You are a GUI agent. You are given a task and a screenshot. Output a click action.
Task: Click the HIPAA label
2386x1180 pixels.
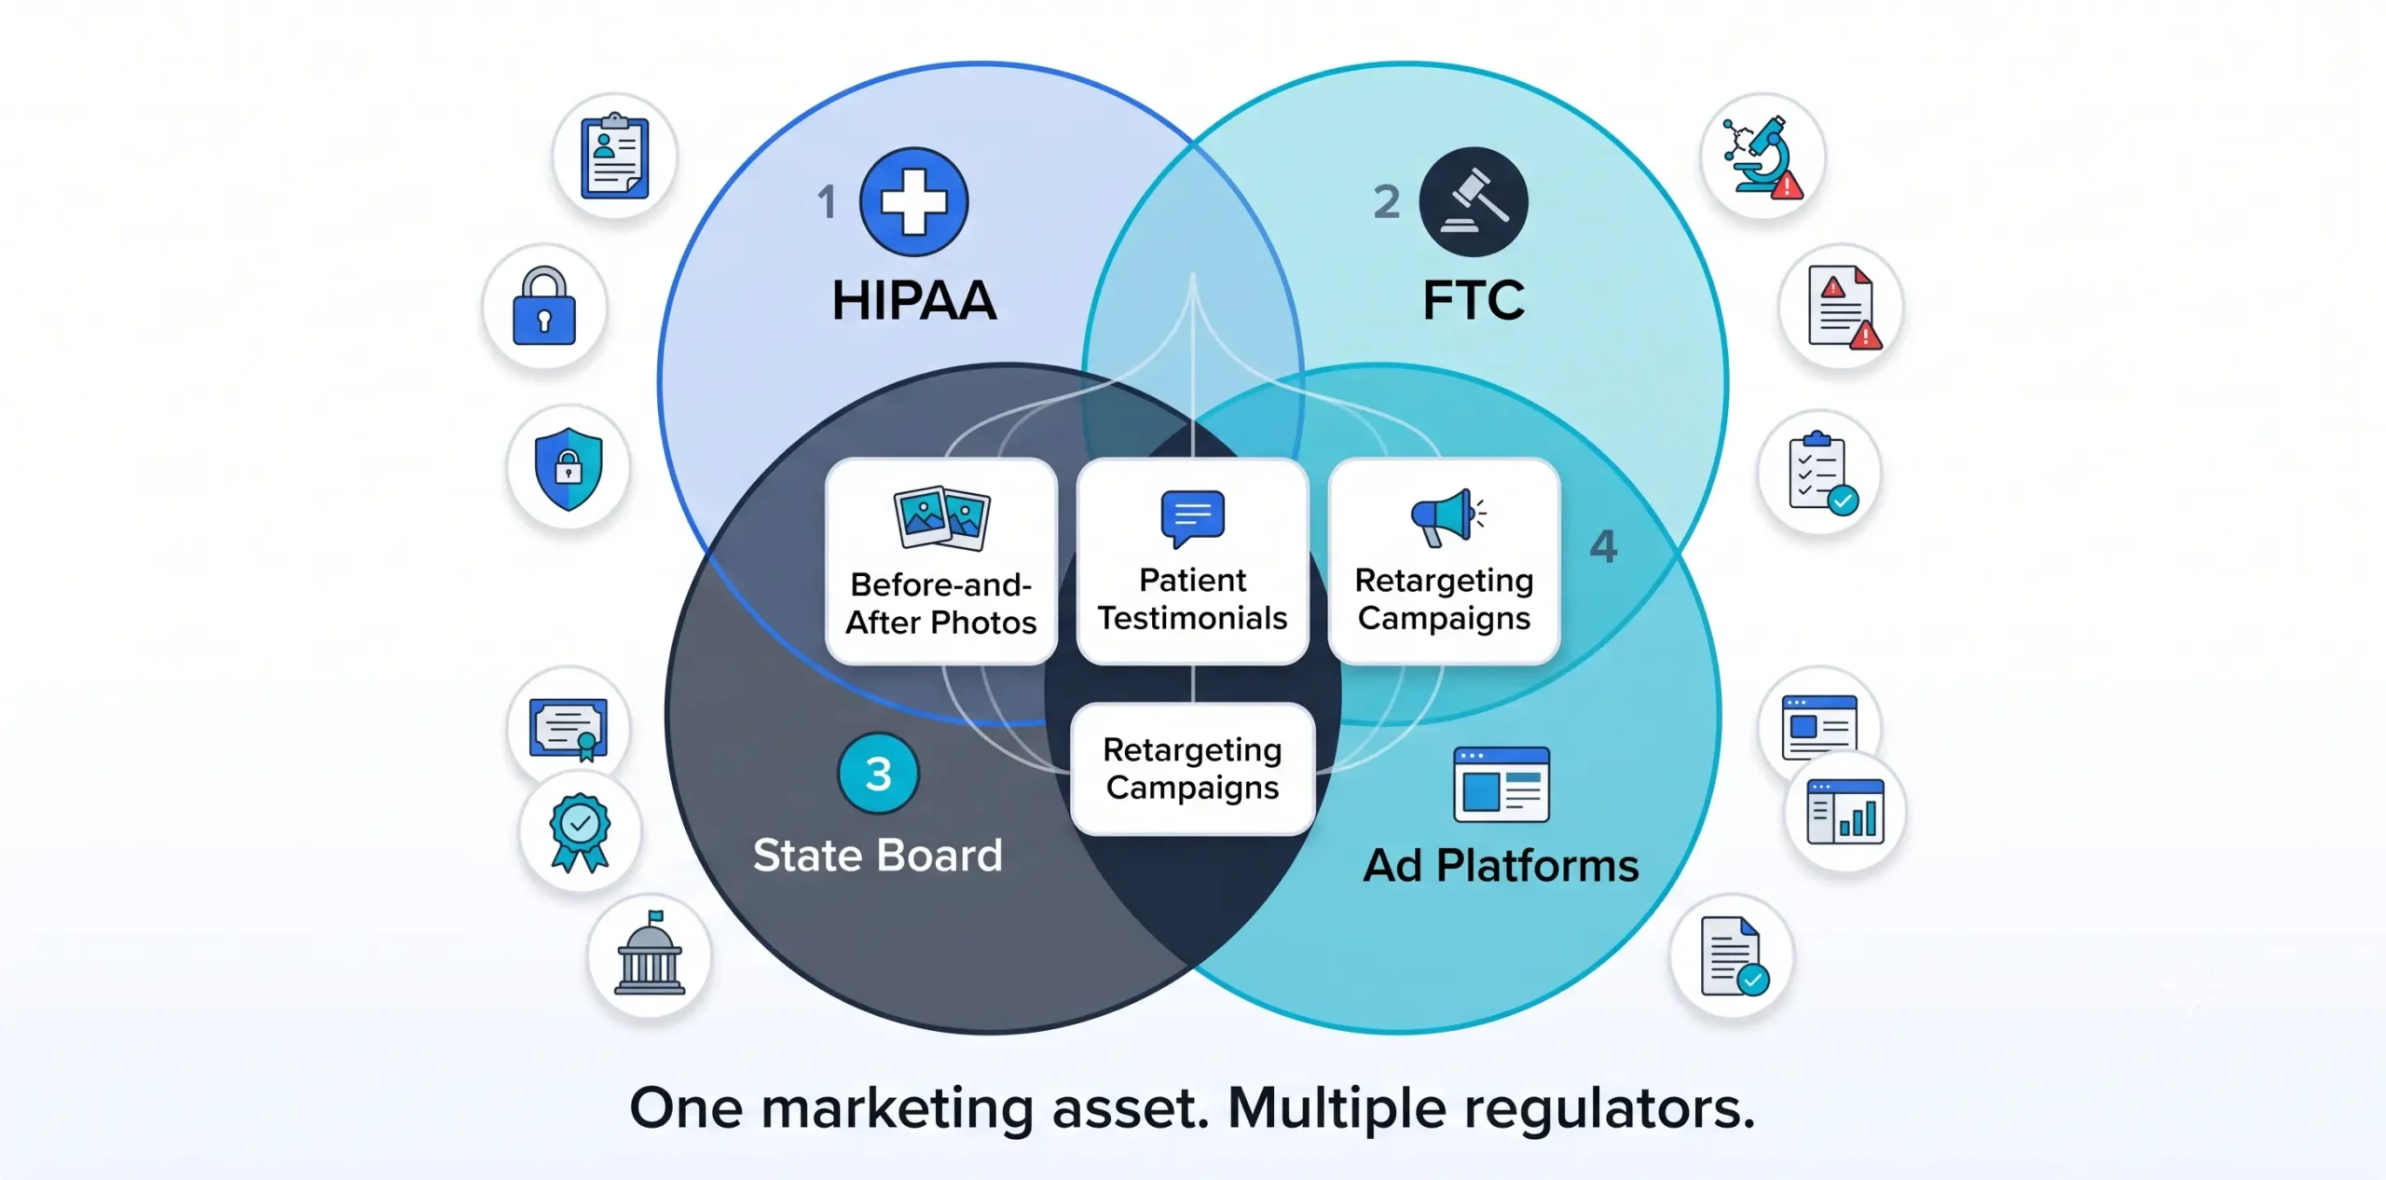914,300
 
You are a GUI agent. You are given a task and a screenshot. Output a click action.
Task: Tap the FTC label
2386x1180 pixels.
1474,300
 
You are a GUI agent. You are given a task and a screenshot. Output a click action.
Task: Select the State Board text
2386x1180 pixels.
877,855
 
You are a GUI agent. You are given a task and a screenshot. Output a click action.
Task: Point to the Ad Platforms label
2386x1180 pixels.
1501,865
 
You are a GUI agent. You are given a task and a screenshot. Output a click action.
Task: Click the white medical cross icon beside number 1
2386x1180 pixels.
914,201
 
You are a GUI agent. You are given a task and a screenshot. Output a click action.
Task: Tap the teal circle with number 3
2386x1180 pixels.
878,773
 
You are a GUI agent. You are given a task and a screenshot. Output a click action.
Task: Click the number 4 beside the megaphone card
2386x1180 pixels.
1603,546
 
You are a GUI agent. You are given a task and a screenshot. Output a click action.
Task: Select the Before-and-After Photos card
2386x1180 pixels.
941,561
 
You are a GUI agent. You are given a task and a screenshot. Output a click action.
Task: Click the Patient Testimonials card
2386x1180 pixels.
1193,561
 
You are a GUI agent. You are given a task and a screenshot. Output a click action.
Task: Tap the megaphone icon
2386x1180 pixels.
1447,516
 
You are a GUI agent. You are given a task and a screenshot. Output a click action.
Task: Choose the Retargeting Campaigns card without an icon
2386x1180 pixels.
1193,769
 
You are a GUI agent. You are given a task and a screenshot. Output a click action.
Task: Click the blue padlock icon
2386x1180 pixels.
544,306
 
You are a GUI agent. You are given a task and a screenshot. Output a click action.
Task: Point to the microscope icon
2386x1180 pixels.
1762,157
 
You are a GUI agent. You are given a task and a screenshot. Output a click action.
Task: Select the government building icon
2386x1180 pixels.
651,954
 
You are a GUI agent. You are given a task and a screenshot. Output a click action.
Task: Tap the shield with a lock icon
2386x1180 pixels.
569,469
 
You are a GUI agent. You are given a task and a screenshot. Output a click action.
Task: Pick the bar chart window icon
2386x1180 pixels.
1844,812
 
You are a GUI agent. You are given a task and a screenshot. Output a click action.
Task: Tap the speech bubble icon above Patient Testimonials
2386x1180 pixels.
1193,517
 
